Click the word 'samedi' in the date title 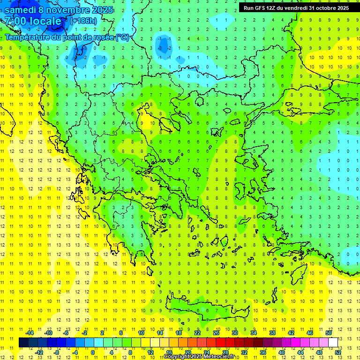[20, 10]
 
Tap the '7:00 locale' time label [33, 21]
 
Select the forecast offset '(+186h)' [83, 21]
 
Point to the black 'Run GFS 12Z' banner [296, 7]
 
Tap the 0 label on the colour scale [93, 352]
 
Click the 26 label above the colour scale [216, 333]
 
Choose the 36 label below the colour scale [263, 352]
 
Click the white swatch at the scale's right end [333, 343]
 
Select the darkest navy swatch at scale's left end [23, 343]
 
